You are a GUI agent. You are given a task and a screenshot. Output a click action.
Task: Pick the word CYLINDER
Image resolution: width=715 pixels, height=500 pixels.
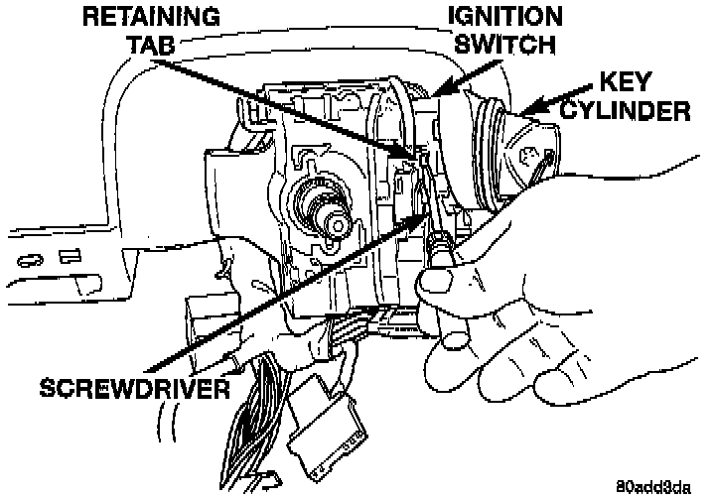pos(623,109)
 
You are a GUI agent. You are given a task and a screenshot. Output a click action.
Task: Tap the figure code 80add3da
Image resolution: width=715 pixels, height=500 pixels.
pos(651,486)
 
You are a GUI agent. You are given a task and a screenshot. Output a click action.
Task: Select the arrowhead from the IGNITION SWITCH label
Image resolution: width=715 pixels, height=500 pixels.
pos(439,93)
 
